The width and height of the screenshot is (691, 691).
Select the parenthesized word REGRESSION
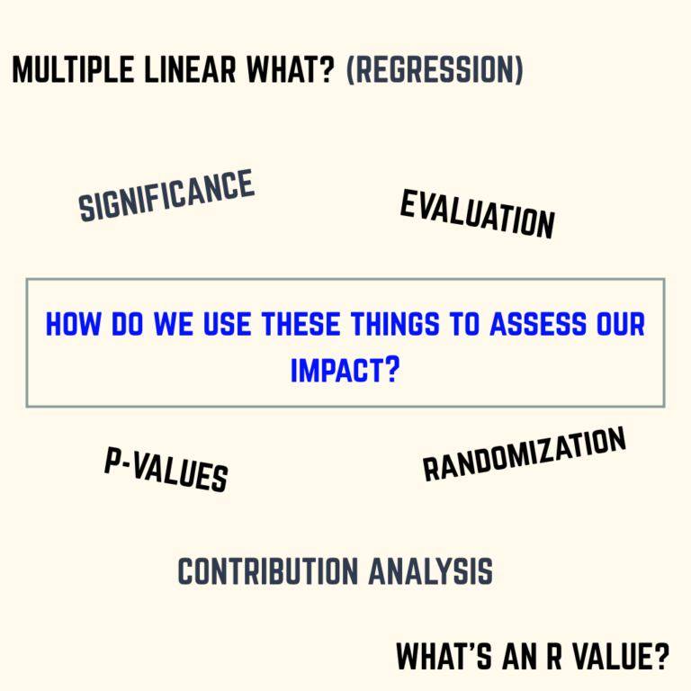tap(434, 69)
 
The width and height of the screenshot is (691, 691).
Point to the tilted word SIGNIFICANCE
tap(166, 195)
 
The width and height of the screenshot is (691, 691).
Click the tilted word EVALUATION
tap(477, 214)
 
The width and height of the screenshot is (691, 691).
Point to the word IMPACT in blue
tap(336, 370)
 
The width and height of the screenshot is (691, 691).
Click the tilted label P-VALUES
tap(166, 471)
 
